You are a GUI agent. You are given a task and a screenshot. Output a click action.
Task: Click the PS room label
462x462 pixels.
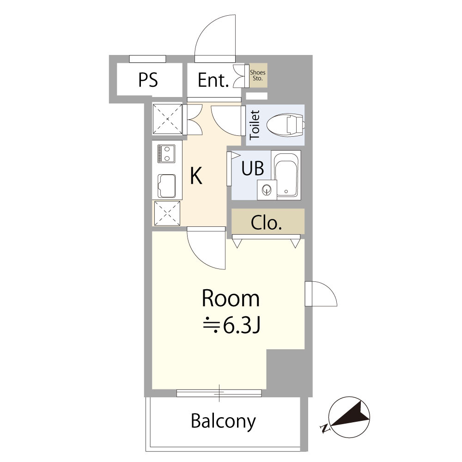[x=148, y=80]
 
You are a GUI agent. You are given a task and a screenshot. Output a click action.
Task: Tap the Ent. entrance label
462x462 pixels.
[x=213, y=80]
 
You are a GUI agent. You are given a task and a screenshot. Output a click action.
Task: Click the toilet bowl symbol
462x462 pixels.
[x=285, y=125]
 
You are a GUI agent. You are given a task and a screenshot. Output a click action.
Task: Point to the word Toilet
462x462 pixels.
[x=255, y=125]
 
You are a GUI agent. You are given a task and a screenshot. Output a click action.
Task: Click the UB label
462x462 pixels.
[x=253, y=168]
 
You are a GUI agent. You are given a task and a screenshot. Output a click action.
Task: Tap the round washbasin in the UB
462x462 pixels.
[x=267, y=190]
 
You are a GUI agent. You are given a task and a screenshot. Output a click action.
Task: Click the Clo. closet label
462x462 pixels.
[x=267, y=223]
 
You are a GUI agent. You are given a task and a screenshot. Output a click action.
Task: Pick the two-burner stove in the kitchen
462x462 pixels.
[x=166, y=153]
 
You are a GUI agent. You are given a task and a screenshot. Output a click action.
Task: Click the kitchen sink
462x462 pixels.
[x=166, y=186]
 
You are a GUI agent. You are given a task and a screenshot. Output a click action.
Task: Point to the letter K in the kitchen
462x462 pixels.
[x=196, y=176]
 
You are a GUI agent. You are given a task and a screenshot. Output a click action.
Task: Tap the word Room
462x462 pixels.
[x=231, y=299]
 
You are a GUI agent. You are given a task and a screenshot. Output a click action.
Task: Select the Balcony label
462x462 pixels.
[x=223, y=421]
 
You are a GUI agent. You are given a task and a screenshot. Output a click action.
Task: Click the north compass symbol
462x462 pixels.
[x=349, y=417]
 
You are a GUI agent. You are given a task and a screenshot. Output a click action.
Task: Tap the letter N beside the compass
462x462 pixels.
[x=325, y=428]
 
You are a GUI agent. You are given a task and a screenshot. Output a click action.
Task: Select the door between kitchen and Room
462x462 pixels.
[x=206, y=248]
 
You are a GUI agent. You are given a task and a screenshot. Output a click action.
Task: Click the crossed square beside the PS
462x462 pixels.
[x=167, y=119]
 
